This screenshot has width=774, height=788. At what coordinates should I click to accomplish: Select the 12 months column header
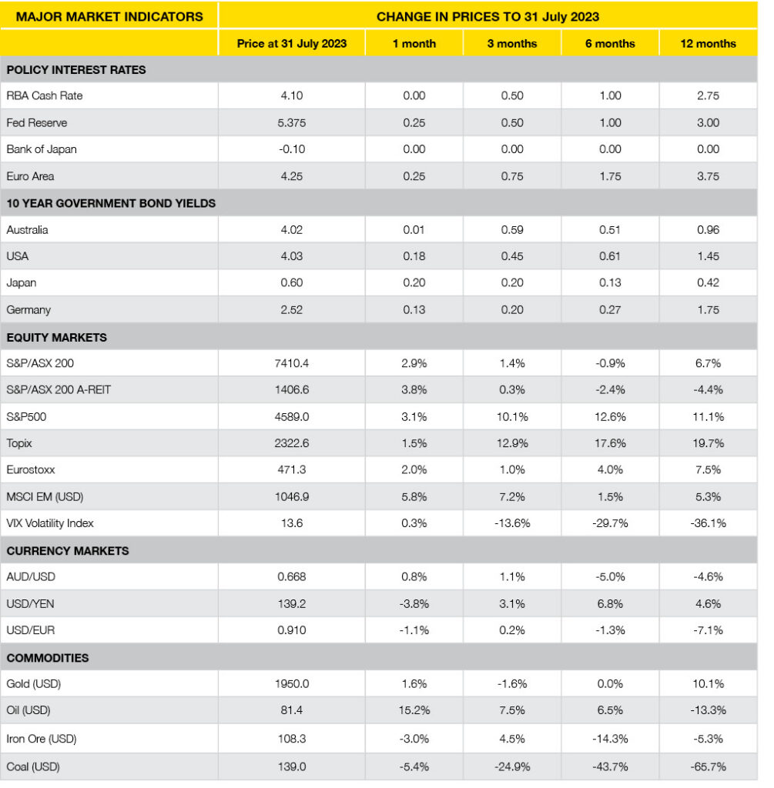tap(707, 44)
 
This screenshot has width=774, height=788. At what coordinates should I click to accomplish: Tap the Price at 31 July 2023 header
tap(292, 44)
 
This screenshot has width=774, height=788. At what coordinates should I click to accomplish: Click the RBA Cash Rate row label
tap(44, 96)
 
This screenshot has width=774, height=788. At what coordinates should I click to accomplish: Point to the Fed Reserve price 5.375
tap(292, 123)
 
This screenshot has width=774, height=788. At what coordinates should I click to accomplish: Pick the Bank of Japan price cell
tap(292, 149)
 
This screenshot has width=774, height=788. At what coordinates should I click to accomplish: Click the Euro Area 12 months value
tap(707, 176)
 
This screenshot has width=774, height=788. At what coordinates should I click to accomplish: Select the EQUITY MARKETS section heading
tap(56, 337)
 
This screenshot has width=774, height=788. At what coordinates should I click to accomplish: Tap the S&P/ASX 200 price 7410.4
tap(292, 363)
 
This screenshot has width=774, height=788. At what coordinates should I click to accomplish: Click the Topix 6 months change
tap(610, 444)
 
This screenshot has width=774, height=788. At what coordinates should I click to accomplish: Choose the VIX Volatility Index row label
tap(49, 523)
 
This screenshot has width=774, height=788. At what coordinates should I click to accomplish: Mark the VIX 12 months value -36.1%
tap(707, 523)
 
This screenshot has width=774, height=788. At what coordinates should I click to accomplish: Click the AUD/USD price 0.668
tap(292, 577)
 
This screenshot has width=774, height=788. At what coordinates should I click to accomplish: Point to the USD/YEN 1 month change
tap(414, 604)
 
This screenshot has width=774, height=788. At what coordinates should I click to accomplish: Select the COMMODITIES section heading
tap(47, 658)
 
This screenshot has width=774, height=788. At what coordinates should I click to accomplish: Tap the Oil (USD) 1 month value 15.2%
tap(414, 710)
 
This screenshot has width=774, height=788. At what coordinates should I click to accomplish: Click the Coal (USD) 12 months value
tap(707, 767)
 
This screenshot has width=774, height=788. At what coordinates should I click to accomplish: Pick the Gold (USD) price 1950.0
tap(292, 684)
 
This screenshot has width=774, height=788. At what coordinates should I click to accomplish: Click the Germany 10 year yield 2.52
tap(292, 310)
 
